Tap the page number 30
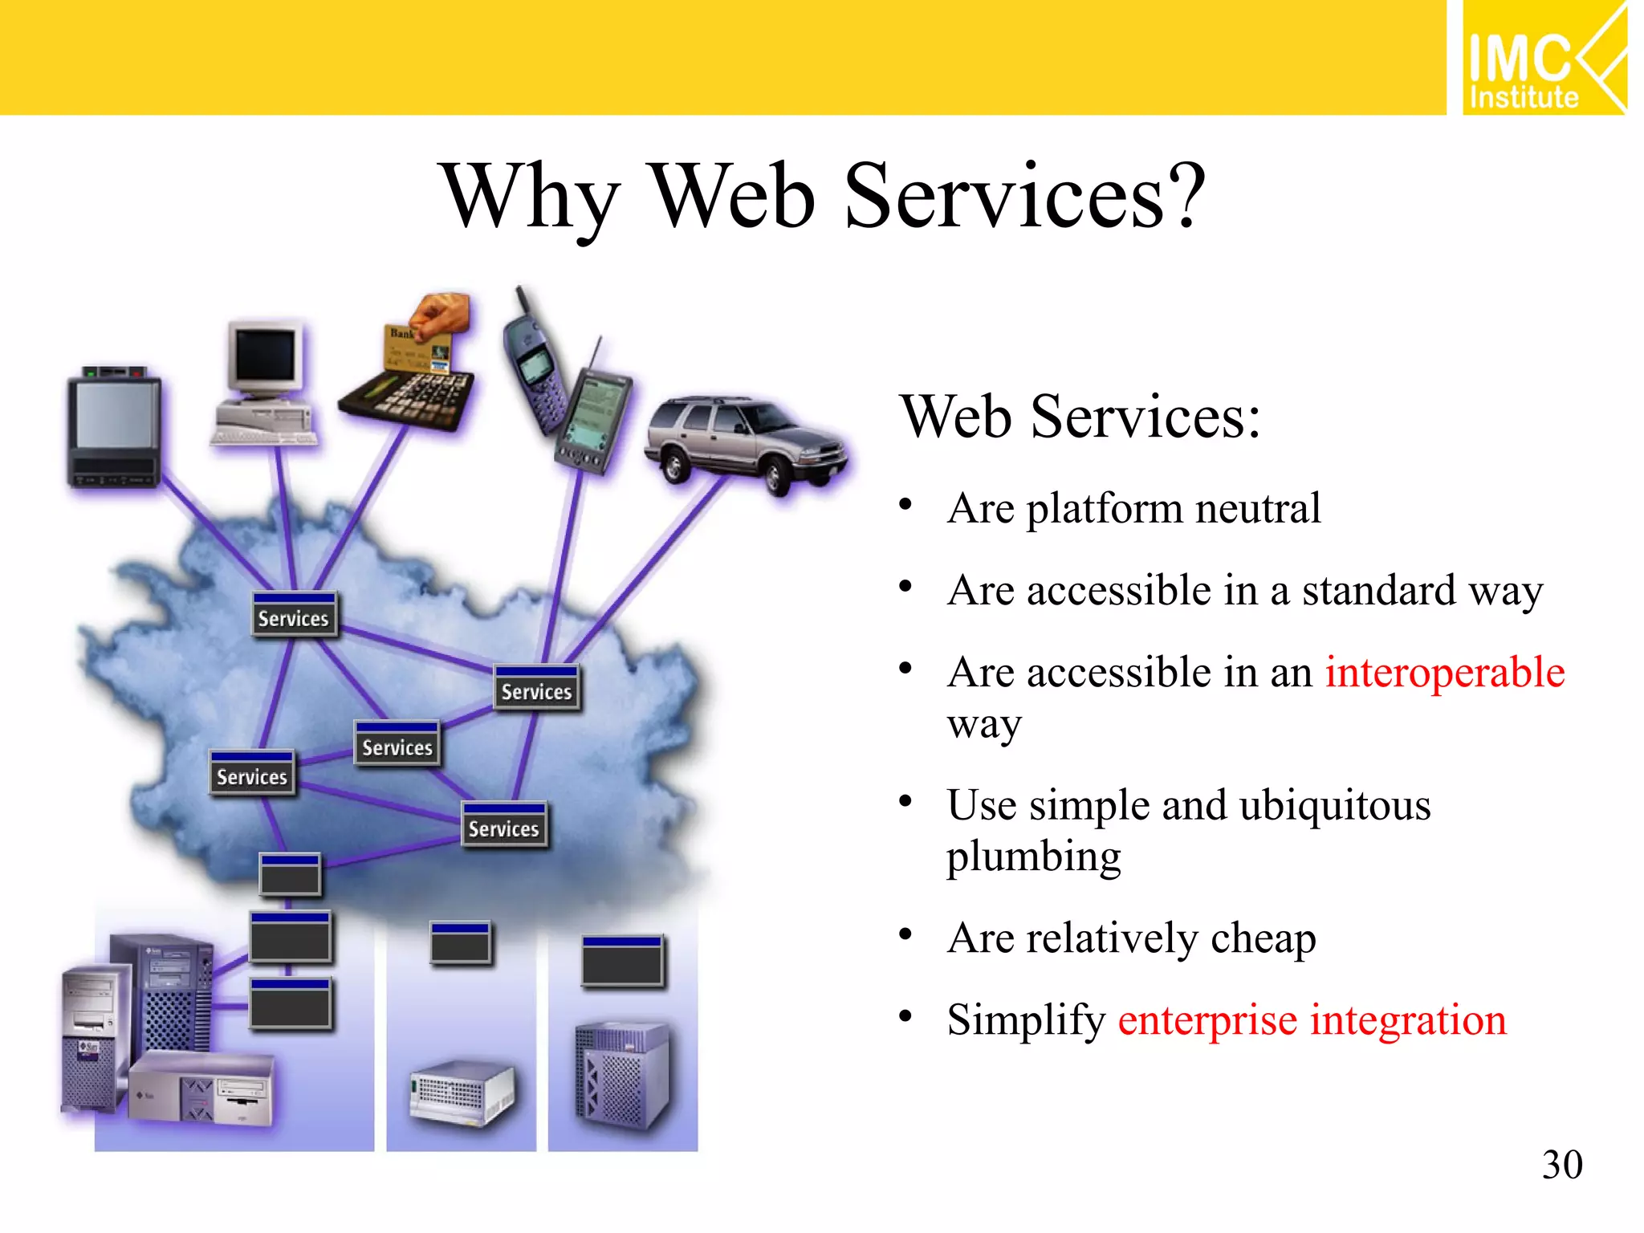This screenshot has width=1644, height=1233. (x=1561, y=1164)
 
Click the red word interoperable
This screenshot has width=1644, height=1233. (x=1444, y=672)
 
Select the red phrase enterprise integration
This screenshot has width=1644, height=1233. (x=1312, y=1020)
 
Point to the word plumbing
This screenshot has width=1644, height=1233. (x=1033, y=857)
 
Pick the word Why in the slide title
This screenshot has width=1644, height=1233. (x=531, y=197)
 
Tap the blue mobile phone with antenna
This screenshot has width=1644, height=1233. (x=534, y=361)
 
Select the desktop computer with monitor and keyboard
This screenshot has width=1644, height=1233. (x=265, y=385)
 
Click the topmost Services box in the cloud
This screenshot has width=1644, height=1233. (x=294, y=615)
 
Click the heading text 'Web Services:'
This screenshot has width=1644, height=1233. (x=1080, y=417)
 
